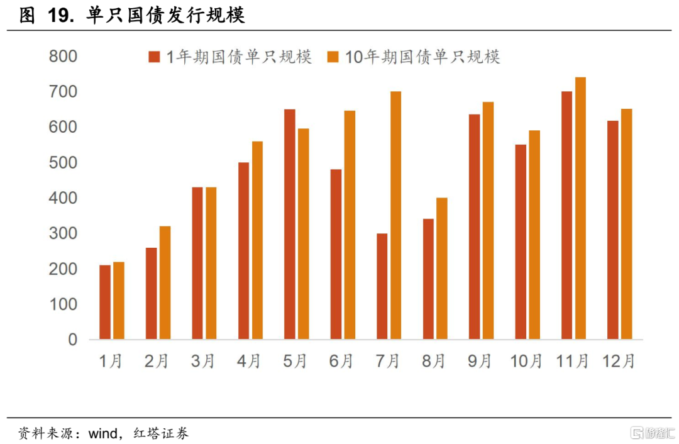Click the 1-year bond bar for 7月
click(382, 287)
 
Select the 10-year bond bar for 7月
click(395, 216)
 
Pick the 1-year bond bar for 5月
click(290, 225)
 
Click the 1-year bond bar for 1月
click(105, 302)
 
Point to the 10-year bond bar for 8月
click(442, 269)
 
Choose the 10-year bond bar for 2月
click(165, 283)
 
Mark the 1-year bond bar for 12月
click(613, 230)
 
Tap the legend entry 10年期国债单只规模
click(414, 57)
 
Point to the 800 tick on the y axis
click(63, 57)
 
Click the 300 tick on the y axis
click(63, 234)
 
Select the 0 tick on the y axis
click(72, 340)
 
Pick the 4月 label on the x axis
click(249, 361)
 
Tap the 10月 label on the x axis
click(526, 361)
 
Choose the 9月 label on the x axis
click(480, 361)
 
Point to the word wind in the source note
click(102, 433)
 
